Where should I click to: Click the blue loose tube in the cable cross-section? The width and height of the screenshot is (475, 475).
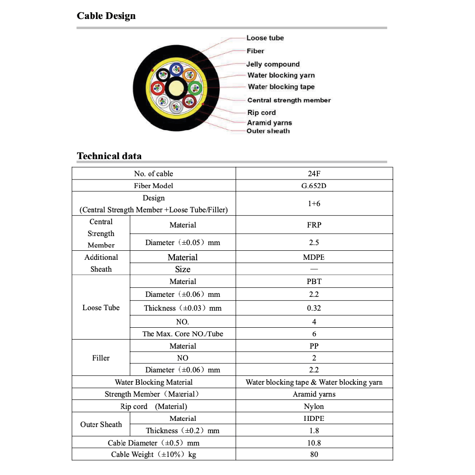177,70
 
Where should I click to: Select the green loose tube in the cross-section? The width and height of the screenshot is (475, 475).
194,88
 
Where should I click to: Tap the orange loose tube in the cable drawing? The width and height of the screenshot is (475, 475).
190,75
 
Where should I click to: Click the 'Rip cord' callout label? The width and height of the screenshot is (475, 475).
261,113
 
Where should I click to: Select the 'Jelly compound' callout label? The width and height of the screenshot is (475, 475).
273,64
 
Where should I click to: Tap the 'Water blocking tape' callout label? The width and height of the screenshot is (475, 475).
281,87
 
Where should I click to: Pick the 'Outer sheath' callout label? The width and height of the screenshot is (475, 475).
268,131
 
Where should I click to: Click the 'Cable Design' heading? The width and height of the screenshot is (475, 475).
106,16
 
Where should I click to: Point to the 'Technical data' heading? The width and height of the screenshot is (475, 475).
109,156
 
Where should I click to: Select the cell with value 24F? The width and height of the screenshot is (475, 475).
314,173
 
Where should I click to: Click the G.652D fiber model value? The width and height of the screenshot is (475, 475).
314,186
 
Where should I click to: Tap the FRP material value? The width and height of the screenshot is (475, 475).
314,225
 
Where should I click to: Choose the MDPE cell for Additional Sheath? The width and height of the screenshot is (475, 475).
314,257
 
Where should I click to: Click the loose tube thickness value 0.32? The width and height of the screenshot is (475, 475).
314,308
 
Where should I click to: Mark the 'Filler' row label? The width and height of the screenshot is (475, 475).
101,358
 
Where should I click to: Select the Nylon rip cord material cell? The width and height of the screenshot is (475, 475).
314,406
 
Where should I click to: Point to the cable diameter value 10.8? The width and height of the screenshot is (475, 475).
314,443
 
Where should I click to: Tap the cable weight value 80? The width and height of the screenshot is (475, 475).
314,455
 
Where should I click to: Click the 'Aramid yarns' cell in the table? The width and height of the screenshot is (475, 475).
314,394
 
